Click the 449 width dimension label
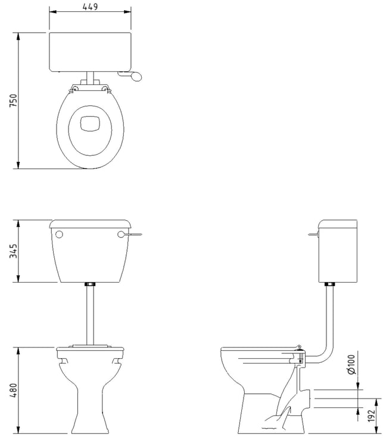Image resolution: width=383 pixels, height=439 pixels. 91,7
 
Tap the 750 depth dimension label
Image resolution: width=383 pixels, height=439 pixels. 13,101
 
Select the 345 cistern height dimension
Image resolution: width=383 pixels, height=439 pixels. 14,251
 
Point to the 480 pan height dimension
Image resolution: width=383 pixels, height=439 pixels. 14,390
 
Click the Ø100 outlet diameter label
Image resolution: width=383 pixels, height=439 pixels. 351,364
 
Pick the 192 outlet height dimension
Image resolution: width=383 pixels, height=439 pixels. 371,415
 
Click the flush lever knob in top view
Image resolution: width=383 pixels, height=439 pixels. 136,76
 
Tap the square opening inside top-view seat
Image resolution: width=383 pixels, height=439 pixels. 90,123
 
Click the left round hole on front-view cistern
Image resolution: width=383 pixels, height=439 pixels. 60,234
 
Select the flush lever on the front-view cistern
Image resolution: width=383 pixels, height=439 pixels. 130,234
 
